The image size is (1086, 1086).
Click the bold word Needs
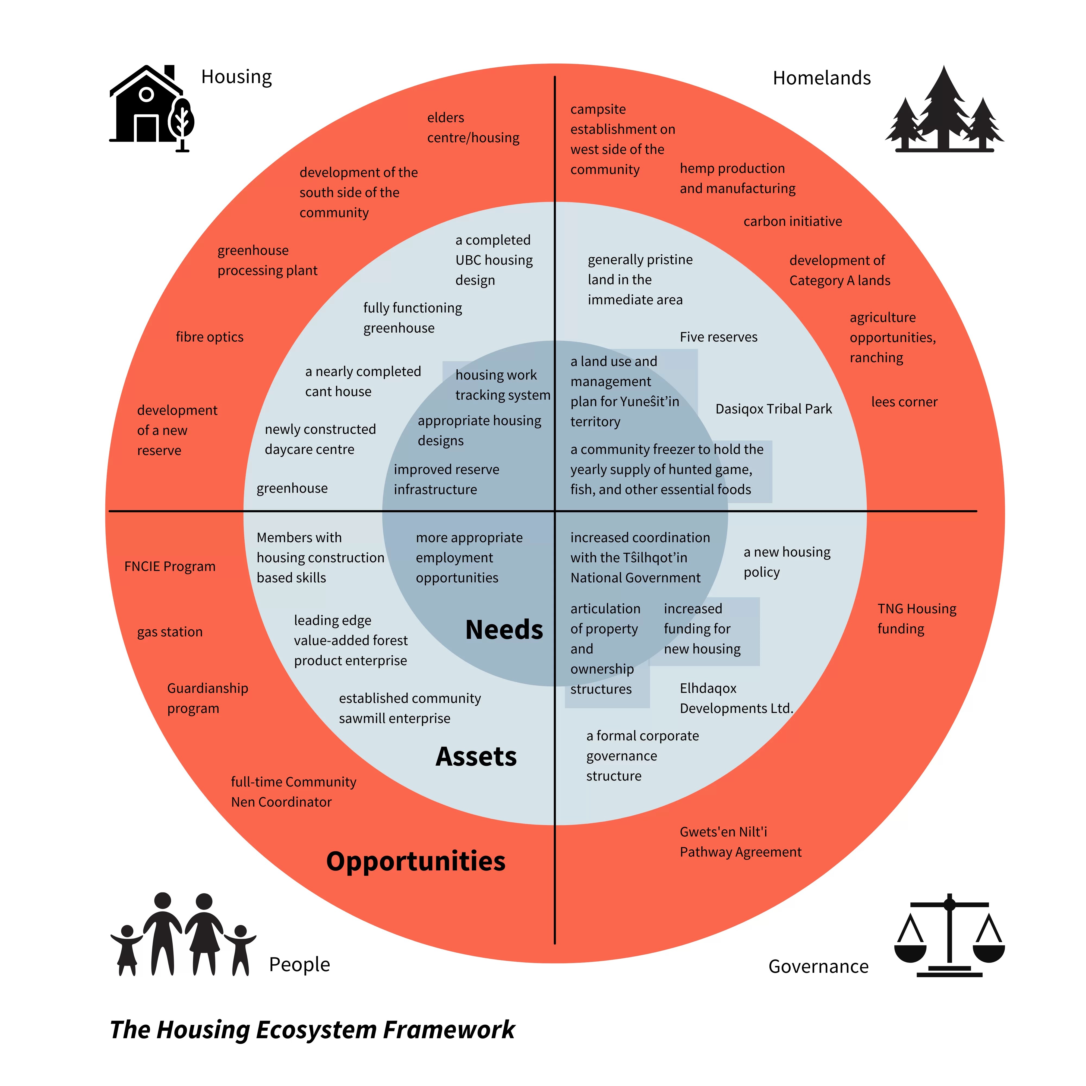point(504,630)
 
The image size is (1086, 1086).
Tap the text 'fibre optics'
point(210,337)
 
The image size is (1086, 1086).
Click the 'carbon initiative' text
point(793,222)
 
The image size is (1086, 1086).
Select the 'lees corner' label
point(904,402)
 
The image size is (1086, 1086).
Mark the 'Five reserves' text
point(718,337)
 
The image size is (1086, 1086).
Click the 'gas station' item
point(170,632)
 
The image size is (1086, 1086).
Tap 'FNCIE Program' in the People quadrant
point(170,567)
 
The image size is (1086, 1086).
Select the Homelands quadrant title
point(822,78)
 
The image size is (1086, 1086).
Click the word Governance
point(818,966)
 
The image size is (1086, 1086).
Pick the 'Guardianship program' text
point(207,698)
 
